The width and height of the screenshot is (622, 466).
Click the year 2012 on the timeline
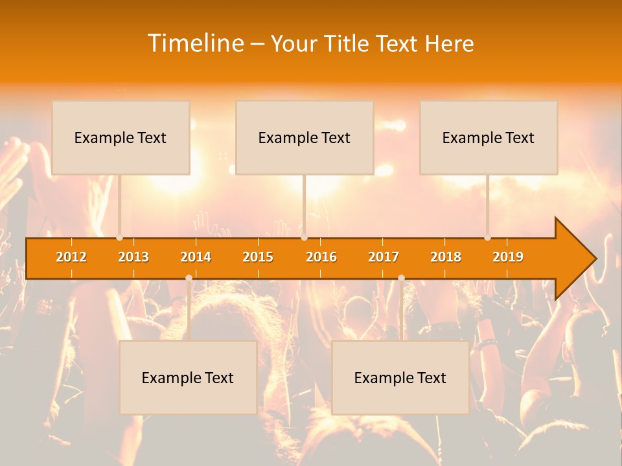tap(71, 257)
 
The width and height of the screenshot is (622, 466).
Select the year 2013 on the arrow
tap(133, 257)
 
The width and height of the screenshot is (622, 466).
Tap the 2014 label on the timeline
tap(196, 257)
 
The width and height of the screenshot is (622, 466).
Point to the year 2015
tap(258, 257)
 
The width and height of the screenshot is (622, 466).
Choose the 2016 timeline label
tap(321, 257)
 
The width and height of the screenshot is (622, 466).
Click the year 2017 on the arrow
tap(384, 257)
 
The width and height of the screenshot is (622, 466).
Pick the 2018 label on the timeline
tap(446, 257)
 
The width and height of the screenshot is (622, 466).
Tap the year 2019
tap(508, 257)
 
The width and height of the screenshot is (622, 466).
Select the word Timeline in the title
tap(195, 43)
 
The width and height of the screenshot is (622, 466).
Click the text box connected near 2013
tap(121, 137)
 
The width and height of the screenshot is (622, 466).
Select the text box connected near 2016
tap(305, 137)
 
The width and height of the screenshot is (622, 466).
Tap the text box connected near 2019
tap(489, 137)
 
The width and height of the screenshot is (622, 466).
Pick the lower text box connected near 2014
tap(188, 377)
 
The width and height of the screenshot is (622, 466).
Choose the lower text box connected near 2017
tap(400, 377)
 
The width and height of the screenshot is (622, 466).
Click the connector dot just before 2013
tap(120, 238)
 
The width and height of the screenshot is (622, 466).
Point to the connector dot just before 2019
tap(488, 238)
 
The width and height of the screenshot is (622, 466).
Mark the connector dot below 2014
tap(189, 278)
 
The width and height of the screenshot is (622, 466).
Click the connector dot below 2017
tap(401, 278)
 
